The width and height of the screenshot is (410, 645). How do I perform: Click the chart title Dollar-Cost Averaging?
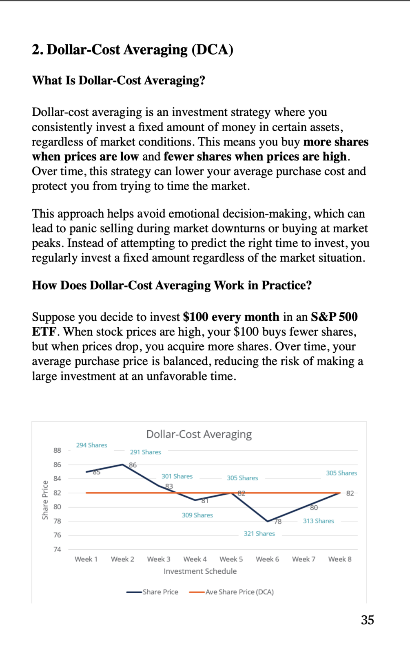point(199,434)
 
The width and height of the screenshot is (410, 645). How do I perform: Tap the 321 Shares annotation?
point(259,533)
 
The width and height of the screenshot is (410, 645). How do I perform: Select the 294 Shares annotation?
point(91,445)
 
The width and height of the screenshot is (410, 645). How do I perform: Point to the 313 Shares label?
point(318,521)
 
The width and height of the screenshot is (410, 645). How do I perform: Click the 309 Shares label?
point(197,515)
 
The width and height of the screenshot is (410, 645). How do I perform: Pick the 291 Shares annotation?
point(145,452)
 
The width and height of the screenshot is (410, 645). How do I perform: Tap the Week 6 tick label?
point(267,559)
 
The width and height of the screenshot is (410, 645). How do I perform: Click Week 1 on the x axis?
point(86,559)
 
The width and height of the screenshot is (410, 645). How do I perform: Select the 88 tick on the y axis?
point(57,450)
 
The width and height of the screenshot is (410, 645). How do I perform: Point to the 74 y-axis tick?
point(57,549)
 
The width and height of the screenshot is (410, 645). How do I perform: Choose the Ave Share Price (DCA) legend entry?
point(231,592)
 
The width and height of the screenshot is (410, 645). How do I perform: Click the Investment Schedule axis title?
point(200,571)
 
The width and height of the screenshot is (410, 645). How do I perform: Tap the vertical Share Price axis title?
point(45,500)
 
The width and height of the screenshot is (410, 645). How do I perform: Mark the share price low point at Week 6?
point(268,521)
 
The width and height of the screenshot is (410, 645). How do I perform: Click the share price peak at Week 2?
point(122,464)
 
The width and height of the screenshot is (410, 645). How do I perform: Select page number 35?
point(367,620)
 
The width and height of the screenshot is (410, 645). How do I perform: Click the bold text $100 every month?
point(231,317)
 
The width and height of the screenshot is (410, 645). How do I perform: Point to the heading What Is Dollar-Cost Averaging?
point(118,80)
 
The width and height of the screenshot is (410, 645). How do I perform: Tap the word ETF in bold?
point(44,332)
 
